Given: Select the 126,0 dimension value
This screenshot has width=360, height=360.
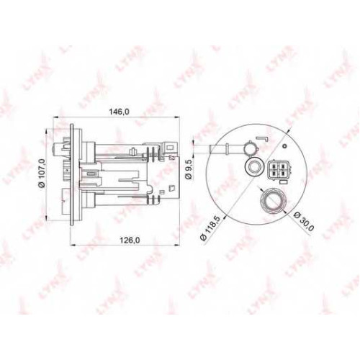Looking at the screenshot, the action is tap(130, 240).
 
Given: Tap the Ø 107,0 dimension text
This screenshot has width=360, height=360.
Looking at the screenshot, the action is tap(42, 173).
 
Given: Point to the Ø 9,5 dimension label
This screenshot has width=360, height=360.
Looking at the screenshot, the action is tap(189, 170).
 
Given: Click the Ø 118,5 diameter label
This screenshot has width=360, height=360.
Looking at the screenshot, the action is tap(210, 228).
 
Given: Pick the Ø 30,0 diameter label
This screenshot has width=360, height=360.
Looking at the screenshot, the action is tap(304, 222).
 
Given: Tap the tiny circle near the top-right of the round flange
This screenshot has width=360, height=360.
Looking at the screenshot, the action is tap(284, 146).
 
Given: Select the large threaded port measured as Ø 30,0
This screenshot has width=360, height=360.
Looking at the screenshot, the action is tap(273, 199).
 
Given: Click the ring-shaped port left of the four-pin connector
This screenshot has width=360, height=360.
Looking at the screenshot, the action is tap(253, 167).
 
